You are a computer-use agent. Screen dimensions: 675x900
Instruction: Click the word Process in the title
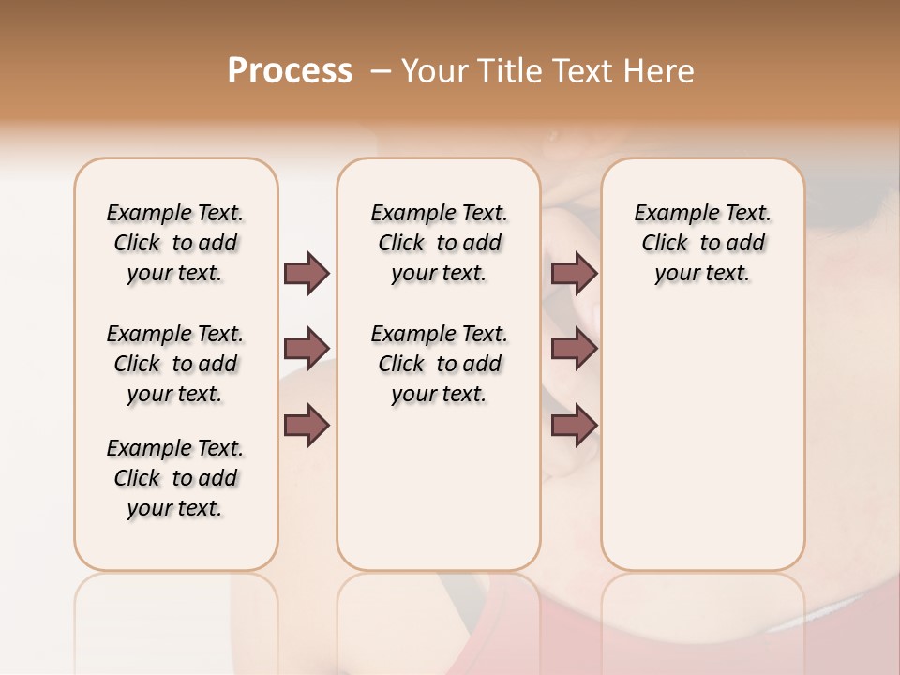(290, 71)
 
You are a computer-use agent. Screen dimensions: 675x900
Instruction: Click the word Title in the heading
(507, 71)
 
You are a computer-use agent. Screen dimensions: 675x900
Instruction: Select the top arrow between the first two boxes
(307, 273)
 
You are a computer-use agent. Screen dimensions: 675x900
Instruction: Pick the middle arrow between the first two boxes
(307, 349)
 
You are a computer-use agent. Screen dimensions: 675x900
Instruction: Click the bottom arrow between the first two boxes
(307, 426)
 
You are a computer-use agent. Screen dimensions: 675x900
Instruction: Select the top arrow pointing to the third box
(574, 273)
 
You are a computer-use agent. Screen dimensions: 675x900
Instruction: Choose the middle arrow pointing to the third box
(574, 349)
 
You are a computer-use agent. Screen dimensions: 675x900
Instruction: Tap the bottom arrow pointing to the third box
(574, 426)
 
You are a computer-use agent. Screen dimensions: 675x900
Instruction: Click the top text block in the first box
(175, 243)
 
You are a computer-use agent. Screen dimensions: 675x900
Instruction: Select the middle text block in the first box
(175, 364)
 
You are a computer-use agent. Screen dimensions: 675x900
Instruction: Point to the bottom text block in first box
(175, 478)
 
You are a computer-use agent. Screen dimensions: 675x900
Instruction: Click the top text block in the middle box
(439, 243)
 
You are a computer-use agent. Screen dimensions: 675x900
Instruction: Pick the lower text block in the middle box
(439, 364)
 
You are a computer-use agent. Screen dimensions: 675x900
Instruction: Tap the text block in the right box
(702, 243)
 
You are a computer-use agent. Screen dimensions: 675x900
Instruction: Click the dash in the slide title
(382, 71)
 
